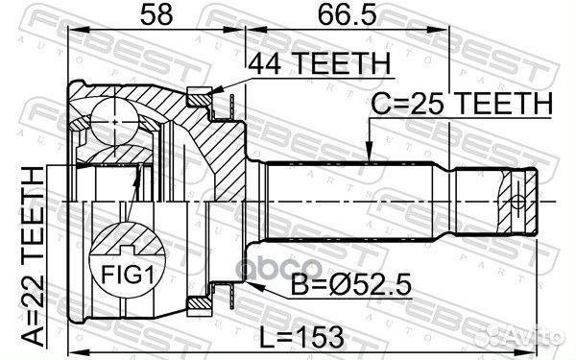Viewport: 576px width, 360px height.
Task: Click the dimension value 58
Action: point(156,15)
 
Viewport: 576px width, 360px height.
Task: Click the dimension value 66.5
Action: point(348,15)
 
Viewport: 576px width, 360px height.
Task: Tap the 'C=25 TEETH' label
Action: point(462,103)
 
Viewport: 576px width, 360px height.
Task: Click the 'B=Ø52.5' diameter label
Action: point(350,285)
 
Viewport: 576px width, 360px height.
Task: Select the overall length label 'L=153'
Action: point(302,337)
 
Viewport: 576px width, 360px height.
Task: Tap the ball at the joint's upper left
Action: point(115,122)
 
